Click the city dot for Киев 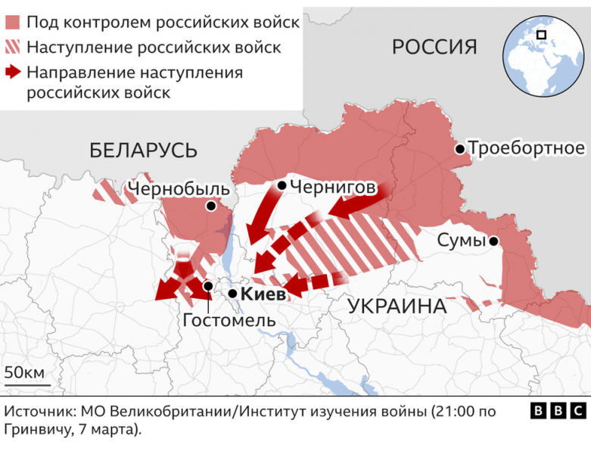[234, 294]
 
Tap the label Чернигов [333, 185]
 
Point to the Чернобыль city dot [211, 206]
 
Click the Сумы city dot [493, 241]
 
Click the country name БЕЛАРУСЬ [144, 149]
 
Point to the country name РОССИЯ [434, 47]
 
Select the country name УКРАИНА [397, 306]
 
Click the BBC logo [558, 411]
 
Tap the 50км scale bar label [25, 372]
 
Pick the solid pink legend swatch [13, 21]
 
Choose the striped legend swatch [13, 47]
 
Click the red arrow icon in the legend [13, 73]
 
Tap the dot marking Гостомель [208, 286]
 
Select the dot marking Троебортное [459, 149]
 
